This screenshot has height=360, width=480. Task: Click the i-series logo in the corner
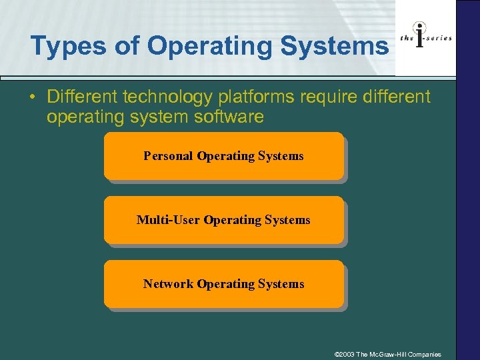(x=425, y=38)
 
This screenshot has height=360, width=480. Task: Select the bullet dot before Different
(x=33, y=97)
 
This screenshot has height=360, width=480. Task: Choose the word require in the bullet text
(x=323, y=97)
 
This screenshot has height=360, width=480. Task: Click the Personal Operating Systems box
(x=223, y=156)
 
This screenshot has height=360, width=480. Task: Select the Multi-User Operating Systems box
(x=223, y=220)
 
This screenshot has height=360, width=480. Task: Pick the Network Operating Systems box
(x=223, y=284)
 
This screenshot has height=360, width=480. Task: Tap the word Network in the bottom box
(x=168, y=284)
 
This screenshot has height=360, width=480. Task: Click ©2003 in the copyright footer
(x=345, y=354)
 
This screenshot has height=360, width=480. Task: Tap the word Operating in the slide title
(x=215, y=47)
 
